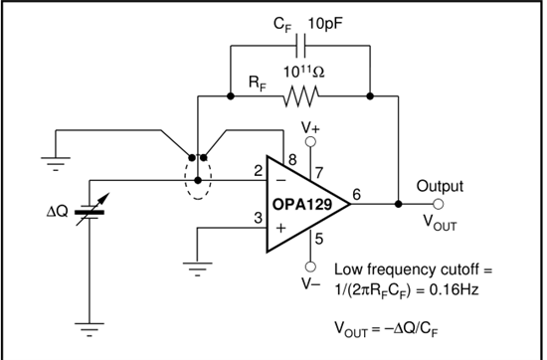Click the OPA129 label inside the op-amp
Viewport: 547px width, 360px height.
click(301, 205)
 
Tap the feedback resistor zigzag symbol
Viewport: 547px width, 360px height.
click(300, 96)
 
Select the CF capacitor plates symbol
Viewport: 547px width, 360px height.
click(300, 46)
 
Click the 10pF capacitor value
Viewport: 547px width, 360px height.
click(325, 24)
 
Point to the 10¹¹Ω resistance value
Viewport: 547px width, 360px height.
click(303, 72)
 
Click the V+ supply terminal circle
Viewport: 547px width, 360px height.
click(310, 141)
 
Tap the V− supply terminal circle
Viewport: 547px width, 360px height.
click(310, 267)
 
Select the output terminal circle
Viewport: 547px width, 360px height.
click(439, 204)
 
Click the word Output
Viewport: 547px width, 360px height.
click(440, 186)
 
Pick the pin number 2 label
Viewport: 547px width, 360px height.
click(259, 171)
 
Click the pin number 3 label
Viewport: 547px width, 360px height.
click(259, 218)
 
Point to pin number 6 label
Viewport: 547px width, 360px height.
click(356, 194)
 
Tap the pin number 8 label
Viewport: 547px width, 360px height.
click(292, 160)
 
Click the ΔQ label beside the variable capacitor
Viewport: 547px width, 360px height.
click(58, 212)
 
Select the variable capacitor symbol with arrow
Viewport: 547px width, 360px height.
click(91, 209)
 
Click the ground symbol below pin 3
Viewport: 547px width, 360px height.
click(198, 269)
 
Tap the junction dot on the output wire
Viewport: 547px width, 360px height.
click(399, 204)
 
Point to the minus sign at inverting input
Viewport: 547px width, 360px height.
click(281, 180)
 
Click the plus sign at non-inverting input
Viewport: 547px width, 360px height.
click(281, 228)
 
